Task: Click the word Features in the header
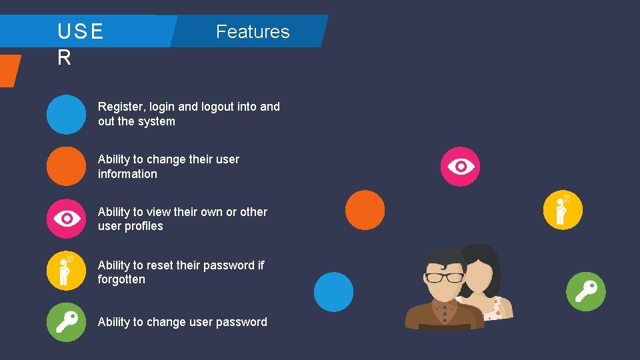pyautogui.click(x=253, y=32)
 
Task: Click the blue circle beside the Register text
pyautogui.click(x=66, y=114)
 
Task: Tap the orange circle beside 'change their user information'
pyautogui.click(x=66, y=166)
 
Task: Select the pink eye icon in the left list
pyautogui.click(x=66, y=219)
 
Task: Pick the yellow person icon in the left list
pyautogui.click(x=66, y=271)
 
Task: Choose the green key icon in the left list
pyautogui.click(x=66, y=322)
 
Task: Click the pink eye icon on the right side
pyautogui.click(x=460, y=166)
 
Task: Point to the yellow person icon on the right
pyautogui.click(x=563, y=210)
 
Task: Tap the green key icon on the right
pyautogui.click(x=585, y=291)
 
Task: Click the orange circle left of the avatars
pyautogui.click(x=365, y=210)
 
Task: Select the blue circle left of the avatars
pyautogui.click(x=333, y=291)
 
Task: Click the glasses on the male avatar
pyautogui.click(x=444, y=277)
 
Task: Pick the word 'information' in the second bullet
pyautogui.click(x=127, y=174)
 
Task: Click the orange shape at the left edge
pyautogui.click(x=9, y=70)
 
